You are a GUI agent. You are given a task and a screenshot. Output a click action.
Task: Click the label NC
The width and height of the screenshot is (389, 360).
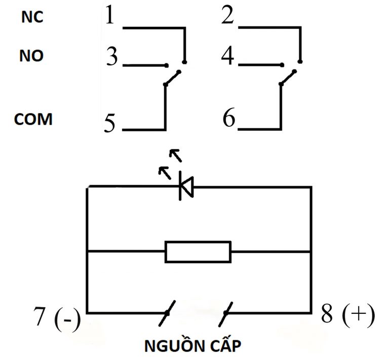coord(32,17)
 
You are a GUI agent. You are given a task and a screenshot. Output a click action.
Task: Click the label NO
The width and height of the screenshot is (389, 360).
coord(31,56)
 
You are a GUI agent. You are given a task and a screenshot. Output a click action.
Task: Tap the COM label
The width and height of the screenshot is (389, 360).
coord(33,119)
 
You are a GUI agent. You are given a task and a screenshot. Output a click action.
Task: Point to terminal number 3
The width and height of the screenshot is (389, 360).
coord(112,57)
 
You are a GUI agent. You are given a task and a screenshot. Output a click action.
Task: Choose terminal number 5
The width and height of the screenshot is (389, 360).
coord(110,123)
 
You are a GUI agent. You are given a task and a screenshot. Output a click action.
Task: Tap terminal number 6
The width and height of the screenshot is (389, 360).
coord(229,120)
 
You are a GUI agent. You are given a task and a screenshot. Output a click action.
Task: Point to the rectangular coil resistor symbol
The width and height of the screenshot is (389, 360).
coord(198,251)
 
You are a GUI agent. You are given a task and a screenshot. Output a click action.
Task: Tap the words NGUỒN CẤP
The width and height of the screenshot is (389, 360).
coord(193,347)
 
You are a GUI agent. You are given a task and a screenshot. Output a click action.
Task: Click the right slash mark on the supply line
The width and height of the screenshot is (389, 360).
coord(226,313)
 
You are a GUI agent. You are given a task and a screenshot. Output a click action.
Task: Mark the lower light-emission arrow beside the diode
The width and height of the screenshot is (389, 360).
coord(164,172)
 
